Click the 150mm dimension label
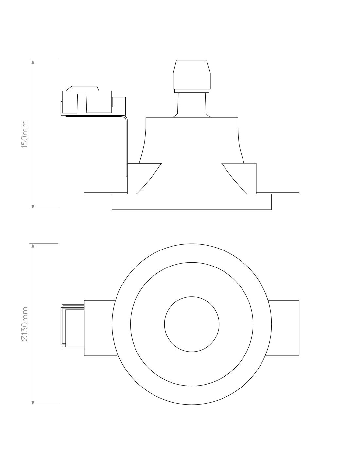coord(25,134)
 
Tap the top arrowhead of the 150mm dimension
coord(33,62)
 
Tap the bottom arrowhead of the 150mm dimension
coord(33,207)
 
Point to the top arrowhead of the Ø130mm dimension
coord(33,246)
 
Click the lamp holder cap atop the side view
coord(192,75)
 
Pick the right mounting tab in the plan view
coord(283,328)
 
